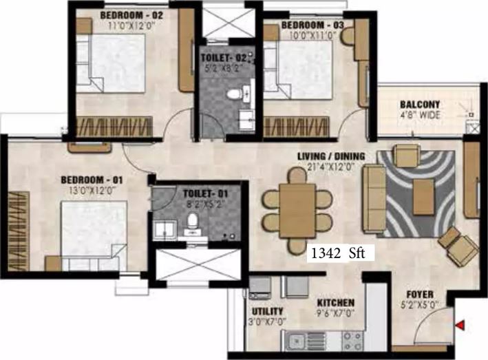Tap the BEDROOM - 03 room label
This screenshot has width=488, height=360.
(312, 25)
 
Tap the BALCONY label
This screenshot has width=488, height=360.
(420, 105)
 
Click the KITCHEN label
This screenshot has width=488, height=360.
(336, 303)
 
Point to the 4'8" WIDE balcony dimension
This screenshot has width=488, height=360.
(420, 115)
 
